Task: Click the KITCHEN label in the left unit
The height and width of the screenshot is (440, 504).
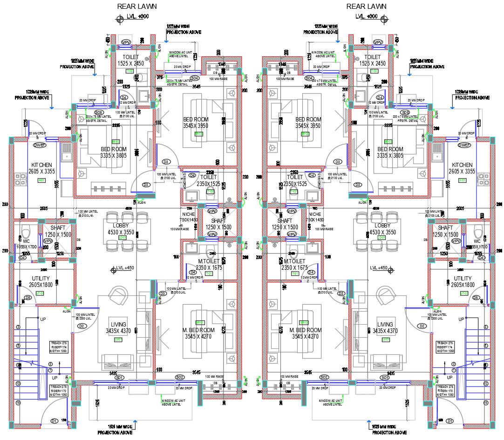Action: pos(41,165)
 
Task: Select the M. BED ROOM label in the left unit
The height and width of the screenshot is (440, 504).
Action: pos(198,330)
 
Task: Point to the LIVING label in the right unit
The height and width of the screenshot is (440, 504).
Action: pos(385,325)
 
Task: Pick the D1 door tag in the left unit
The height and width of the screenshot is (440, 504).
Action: pos(54,421)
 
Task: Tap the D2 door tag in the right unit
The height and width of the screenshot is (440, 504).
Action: pos(422,326)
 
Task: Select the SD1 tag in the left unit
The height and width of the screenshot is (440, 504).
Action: pos(120,377)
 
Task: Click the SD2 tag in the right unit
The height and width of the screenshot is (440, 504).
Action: pos(324,377)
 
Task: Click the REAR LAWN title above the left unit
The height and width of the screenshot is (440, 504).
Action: pos(137,7)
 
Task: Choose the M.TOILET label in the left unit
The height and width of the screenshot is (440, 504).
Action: pos(209,262)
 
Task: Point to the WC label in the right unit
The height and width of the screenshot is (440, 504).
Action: pos(477,241)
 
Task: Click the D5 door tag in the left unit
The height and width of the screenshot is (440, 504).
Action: pos(27,298)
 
